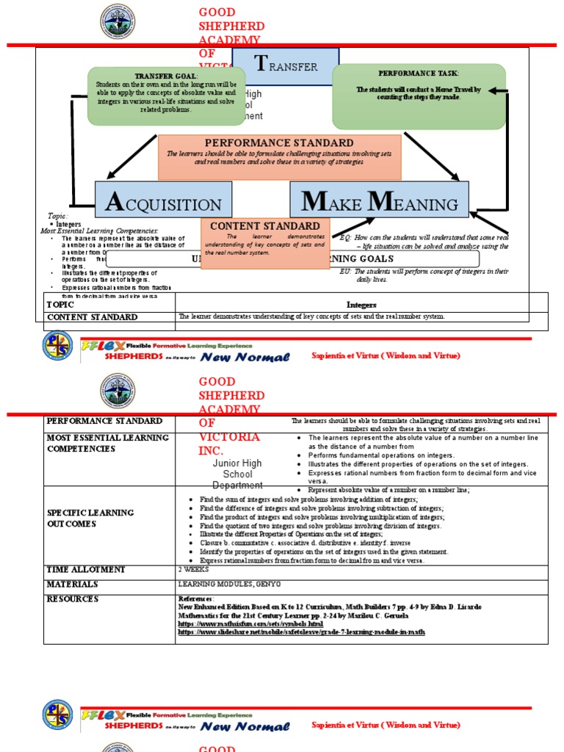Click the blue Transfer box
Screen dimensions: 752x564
[x=286, y=66]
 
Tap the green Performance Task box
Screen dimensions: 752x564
[x=419, y=95]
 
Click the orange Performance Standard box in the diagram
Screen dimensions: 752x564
[x=279, y=156]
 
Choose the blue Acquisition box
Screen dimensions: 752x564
[x=163, y=200]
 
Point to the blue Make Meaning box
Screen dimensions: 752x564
[x=379, y=200]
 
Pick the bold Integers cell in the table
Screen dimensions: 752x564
[x=361, y=304]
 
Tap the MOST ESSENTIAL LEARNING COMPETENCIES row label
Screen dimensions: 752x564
[x=107, y=443]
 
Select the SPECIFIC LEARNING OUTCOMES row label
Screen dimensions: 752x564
[x=90, y=517]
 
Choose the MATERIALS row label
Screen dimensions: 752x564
[x=73, y=585]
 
